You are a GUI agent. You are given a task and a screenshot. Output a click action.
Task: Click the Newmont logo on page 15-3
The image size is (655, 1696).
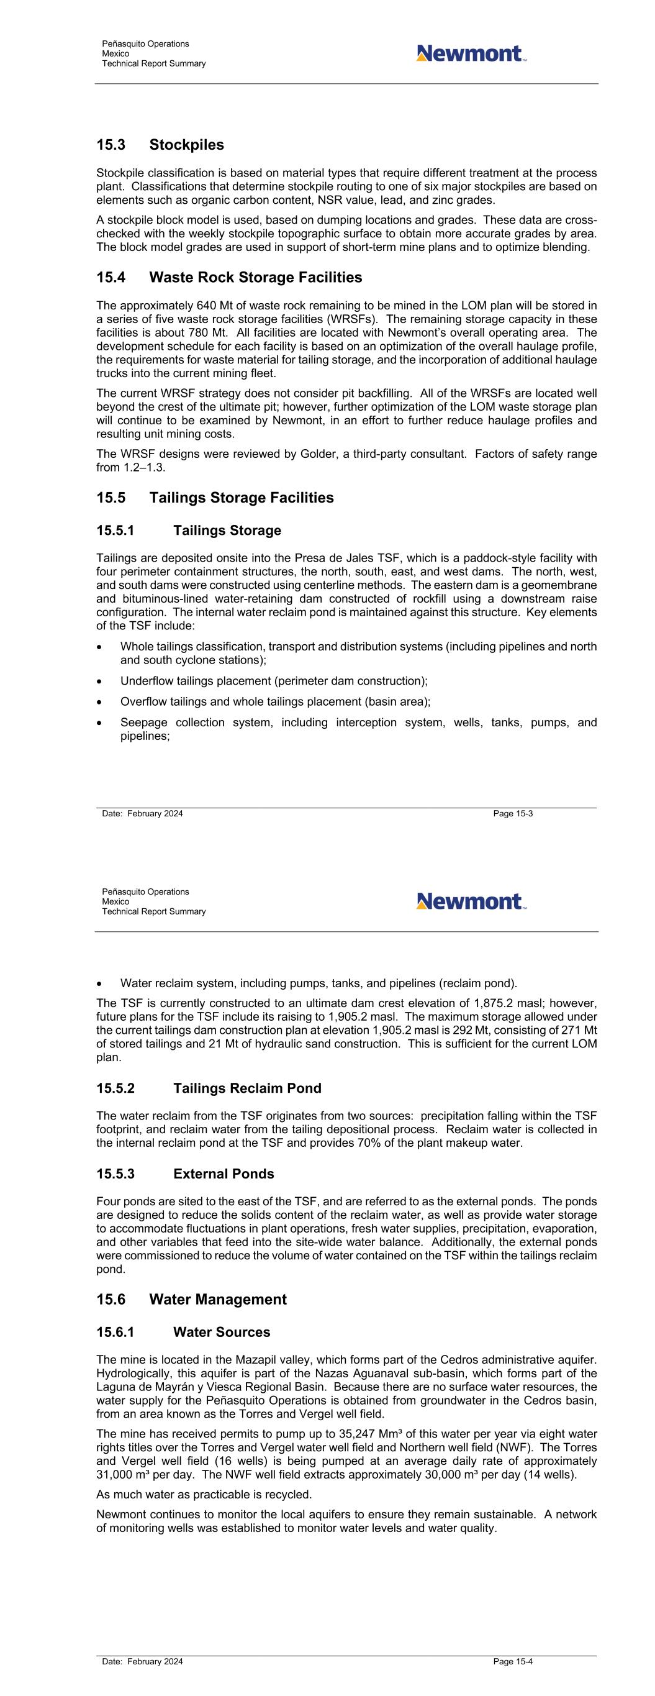pos(470,53)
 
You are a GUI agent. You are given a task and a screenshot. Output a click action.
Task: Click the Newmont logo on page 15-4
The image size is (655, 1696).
pos(470,901)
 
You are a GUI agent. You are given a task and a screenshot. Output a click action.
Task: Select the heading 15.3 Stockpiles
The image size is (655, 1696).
pos(160,145)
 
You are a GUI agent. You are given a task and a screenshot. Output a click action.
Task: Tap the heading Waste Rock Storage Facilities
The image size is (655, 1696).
pos(255,277)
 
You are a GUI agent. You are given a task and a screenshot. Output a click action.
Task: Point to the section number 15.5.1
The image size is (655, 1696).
pos(115,531)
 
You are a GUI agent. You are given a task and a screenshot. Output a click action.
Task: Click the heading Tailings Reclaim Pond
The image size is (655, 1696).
pos(247,1088)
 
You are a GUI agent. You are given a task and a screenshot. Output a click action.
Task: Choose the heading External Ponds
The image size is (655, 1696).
pos(223,1174)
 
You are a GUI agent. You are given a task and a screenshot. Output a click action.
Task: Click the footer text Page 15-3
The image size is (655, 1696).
pos(513,814)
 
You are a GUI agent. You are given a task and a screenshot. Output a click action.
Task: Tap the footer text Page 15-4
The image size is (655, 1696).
pos(513,1662)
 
